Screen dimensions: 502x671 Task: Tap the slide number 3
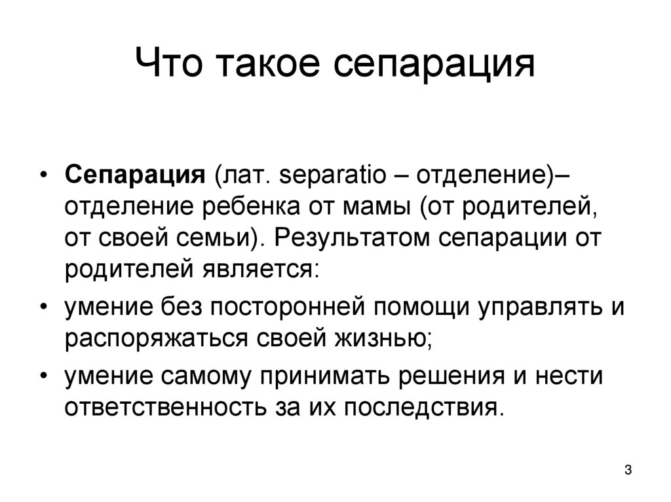(628, 470)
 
